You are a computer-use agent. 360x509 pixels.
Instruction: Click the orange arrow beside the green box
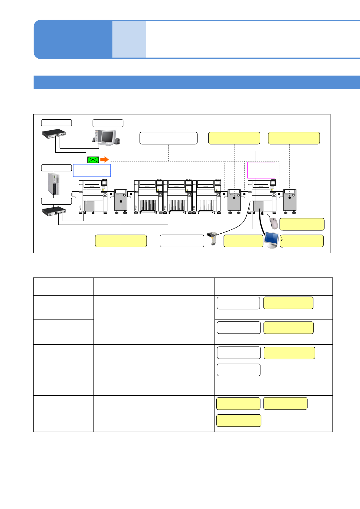click(104, 159)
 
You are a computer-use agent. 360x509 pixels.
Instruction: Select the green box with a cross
click(93, 160)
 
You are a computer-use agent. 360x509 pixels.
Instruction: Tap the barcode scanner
click(212, 238)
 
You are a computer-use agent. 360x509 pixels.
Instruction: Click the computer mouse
click(274, 223)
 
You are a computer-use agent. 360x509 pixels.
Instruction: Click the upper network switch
click(54, 134)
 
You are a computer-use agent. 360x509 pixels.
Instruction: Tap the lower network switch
click(54, 210)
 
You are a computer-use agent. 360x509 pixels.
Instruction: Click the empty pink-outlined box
click(261, 170)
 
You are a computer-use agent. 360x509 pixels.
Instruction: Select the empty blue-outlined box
click(92, 170)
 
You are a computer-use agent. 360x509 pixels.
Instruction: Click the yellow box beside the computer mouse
click(302, 224)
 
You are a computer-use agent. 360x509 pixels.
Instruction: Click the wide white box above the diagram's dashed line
click(169, 138)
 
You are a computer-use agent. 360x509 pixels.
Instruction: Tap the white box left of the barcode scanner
click(182, 241)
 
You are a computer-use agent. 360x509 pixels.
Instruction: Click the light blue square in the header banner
click(129, 39)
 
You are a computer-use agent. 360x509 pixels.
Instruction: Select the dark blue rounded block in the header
click(73, 39)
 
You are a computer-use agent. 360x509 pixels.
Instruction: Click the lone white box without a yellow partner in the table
click(239, 370)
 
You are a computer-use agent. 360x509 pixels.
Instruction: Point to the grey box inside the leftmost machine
click(89, 206)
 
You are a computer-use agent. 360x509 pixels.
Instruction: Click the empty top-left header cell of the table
click(64, 287)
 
